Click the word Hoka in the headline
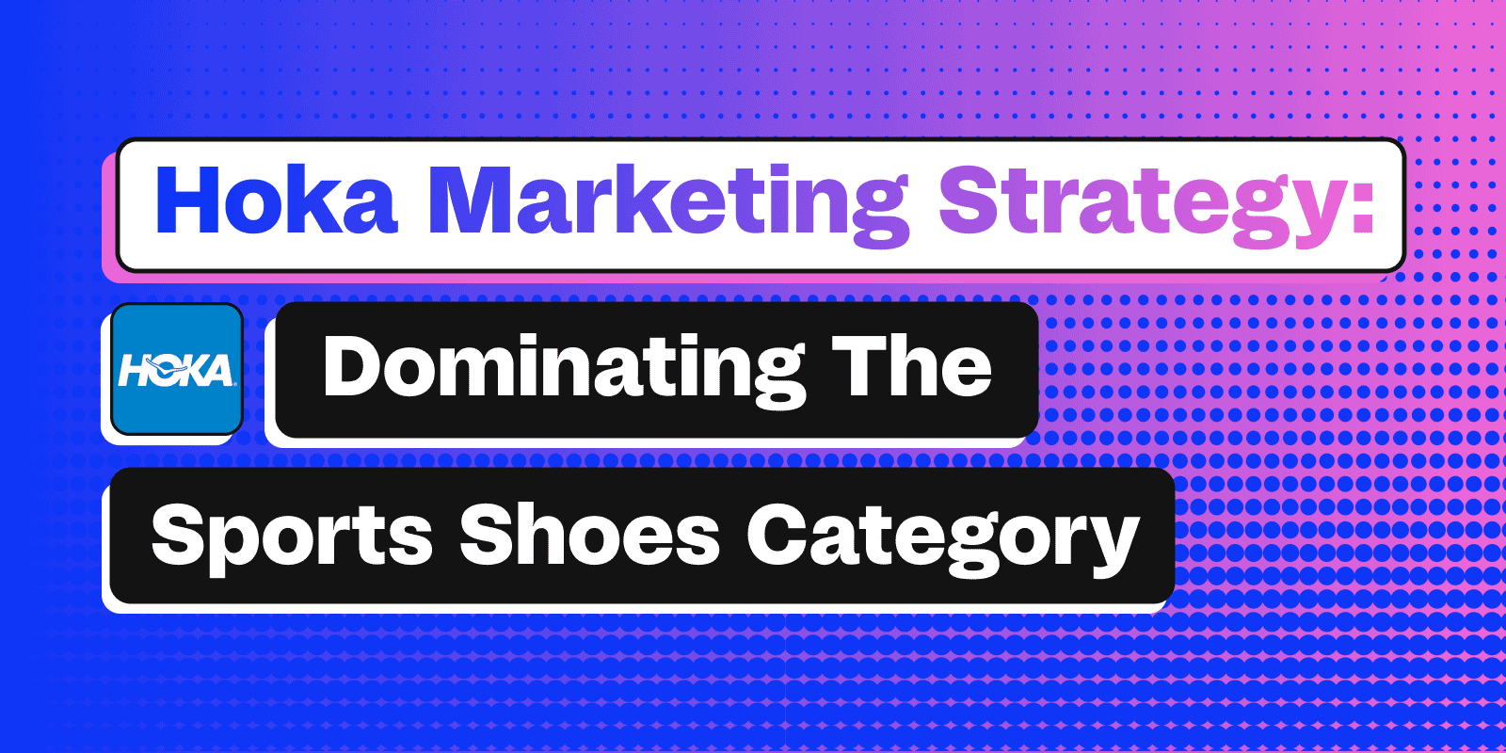277,200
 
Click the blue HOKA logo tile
177,369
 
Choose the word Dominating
564,371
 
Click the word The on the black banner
911,366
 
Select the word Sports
292,537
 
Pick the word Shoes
589,534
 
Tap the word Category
943,537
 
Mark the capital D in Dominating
353,366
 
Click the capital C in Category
777,534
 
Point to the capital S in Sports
179,534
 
